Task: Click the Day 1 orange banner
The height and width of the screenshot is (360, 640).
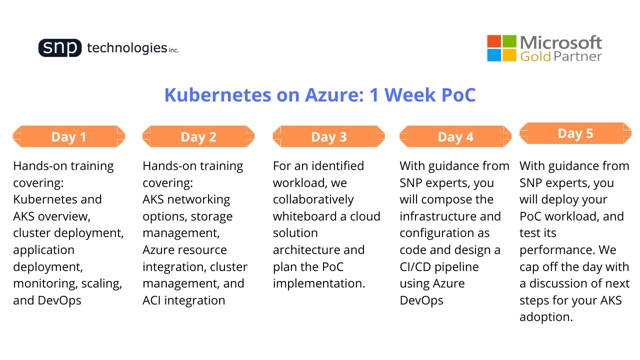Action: point(69,136)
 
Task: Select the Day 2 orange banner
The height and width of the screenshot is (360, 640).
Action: point(198,136)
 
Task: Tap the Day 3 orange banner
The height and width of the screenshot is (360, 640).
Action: point(328,136)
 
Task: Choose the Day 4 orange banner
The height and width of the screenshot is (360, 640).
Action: point(455,136)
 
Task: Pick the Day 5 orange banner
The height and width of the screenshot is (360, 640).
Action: point(575,133)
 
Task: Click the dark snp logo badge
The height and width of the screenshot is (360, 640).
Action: point(60,47)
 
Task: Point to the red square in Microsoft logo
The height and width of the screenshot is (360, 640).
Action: point(494,41)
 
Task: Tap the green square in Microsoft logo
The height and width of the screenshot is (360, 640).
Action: point(509,41)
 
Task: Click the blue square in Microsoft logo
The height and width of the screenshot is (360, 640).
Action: point(494,55)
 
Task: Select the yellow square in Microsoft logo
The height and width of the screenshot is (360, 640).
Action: point(509,55)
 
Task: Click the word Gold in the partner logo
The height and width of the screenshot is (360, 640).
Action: point(535,56)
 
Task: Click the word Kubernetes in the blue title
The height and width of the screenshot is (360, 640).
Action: point(217,95)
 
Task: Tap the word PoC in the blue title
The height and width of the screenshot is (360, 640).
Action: point(458,95)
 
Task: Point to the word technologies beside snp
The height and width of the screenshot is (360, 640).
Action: point(127,48)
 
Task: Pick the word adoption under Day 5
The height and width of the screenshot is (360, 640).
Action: point(546,317)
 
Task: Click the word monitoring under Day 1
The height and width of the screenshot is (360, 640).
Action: point(45,284)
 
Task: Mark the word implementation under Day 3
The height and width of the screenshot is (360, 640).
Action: point(319,284)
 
